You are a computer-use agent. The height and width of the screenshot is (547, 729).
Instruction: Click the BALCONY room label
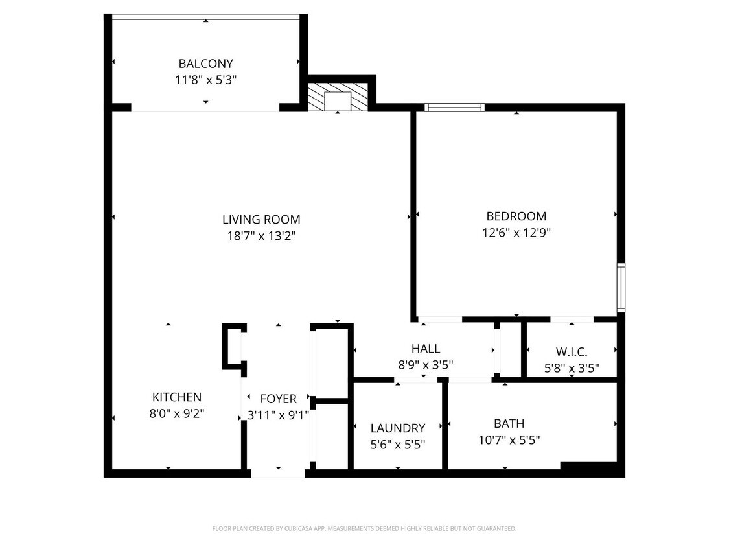[x=205, y=64]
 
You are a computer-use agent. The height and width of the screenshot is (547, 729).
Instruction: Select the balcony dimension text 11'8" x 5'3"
[x=205, y=80]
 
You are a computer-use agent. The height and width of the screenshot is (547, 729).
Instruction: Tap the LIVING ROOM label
[x=261, y=220]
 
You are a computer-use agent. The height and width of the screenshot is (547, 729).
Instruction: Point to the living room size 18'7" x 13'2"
[x=261, y=236]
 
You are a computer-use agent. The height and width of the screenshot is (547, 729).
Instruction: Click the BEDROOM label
[x=516, y=216]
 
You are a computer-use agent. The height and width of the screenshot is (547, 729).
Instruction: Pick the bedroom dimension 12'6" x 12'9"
[x=516, y=232]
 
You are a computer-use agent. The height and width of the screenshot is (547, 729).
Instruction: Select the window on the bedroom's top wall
[x=454, y=108]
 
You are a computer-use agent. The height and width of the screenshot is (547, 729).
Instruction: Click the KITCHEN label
[x=176, y=397]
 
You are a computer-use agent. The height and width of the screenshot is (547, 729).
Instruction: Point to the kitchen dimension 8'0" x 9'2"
[x=176, y=413]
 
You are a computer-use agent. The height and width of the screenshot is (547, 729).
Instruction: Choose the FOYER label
[x=278, y=399]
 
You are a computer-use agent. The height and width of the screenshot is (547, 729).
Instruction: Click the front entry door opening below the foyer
[x=278, y=473]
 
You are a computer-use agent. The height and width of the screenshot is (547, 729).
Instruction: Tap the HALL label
[x=425, y=349]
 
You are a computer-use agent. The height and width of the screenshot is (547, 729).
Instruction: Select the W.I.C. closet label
[x=571, y=352]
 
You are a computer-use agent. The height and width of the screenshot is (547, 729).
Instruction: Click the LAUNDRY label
[x=398, y=428]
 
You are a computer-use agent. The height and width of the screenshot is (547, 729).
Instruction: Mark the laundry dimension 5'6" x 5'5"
[x=398, y=445]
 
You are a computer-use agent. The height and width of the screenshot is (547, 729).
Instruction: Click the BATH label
[x=509, y=423]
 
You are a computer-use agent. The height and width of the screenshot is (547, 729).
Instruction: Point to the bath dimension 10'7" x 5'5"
[x=509, y=440]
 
